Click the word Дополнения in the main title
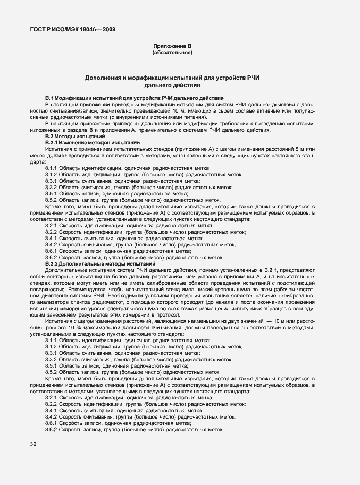coord(104,78)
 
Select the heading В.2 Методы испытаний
coord(75,137)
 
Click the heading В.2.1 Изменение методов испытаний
coord(93,143)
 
